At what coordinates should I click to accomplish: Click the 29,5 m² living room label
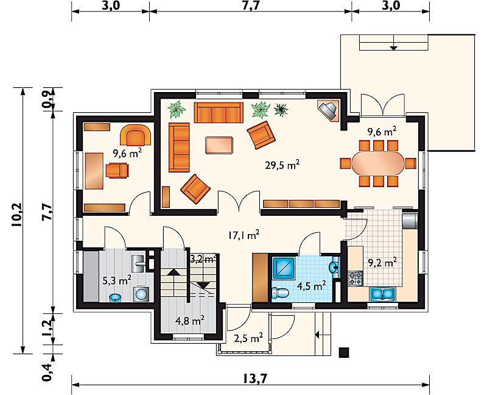point(282,165)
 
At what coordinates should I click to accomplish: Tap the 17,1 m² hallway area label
point(244,235)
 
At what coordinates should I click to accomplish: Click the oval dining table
point(378,163)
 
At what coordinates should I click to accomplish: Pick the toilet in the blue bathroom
point(281,293)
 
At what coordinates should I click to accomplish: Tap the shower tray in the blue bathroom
point(284,267)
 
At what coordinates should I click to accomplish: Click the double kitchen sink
point(382,294)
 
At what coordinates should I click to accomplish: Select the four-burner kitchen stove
point(355,278)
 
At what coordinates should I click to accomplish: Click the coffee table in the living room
point(219,145)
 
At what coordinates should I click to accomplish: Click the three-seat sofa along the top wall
point(219,113)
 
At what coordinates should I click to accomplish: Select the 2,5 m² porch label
point(249,338)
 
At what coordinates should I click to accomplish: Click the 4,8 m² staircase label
point(189,320)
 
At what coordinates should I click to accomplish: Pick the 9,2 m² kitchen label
point(382,263)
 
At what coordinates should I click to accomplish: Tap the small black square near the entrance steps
point(344,352)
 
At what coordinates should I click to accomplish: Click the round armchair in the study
point(135,135)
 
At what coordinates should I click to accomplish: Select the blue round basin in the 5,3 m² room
point(116,297)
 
